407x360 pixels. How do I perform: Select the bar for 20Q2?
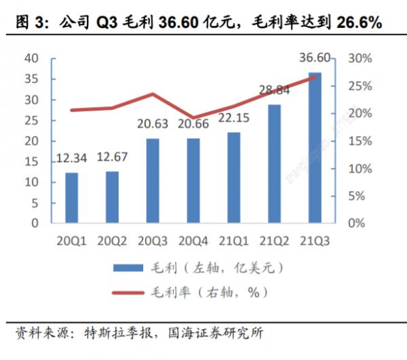tap(112, 197)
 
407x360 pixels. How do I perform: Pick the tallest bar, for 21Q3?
tap(315, 147)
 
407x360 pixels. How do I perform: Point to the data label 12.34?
tap(72, 159)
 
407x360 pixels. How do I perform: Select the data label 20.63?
tap(153, 125)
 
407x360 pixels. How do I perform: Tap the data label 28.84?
tap(275, 90)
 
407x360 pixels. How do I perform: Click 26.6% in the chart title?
tap(358, 22)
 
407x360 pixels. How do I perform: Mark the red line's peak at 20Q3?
tap(153, 94)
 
